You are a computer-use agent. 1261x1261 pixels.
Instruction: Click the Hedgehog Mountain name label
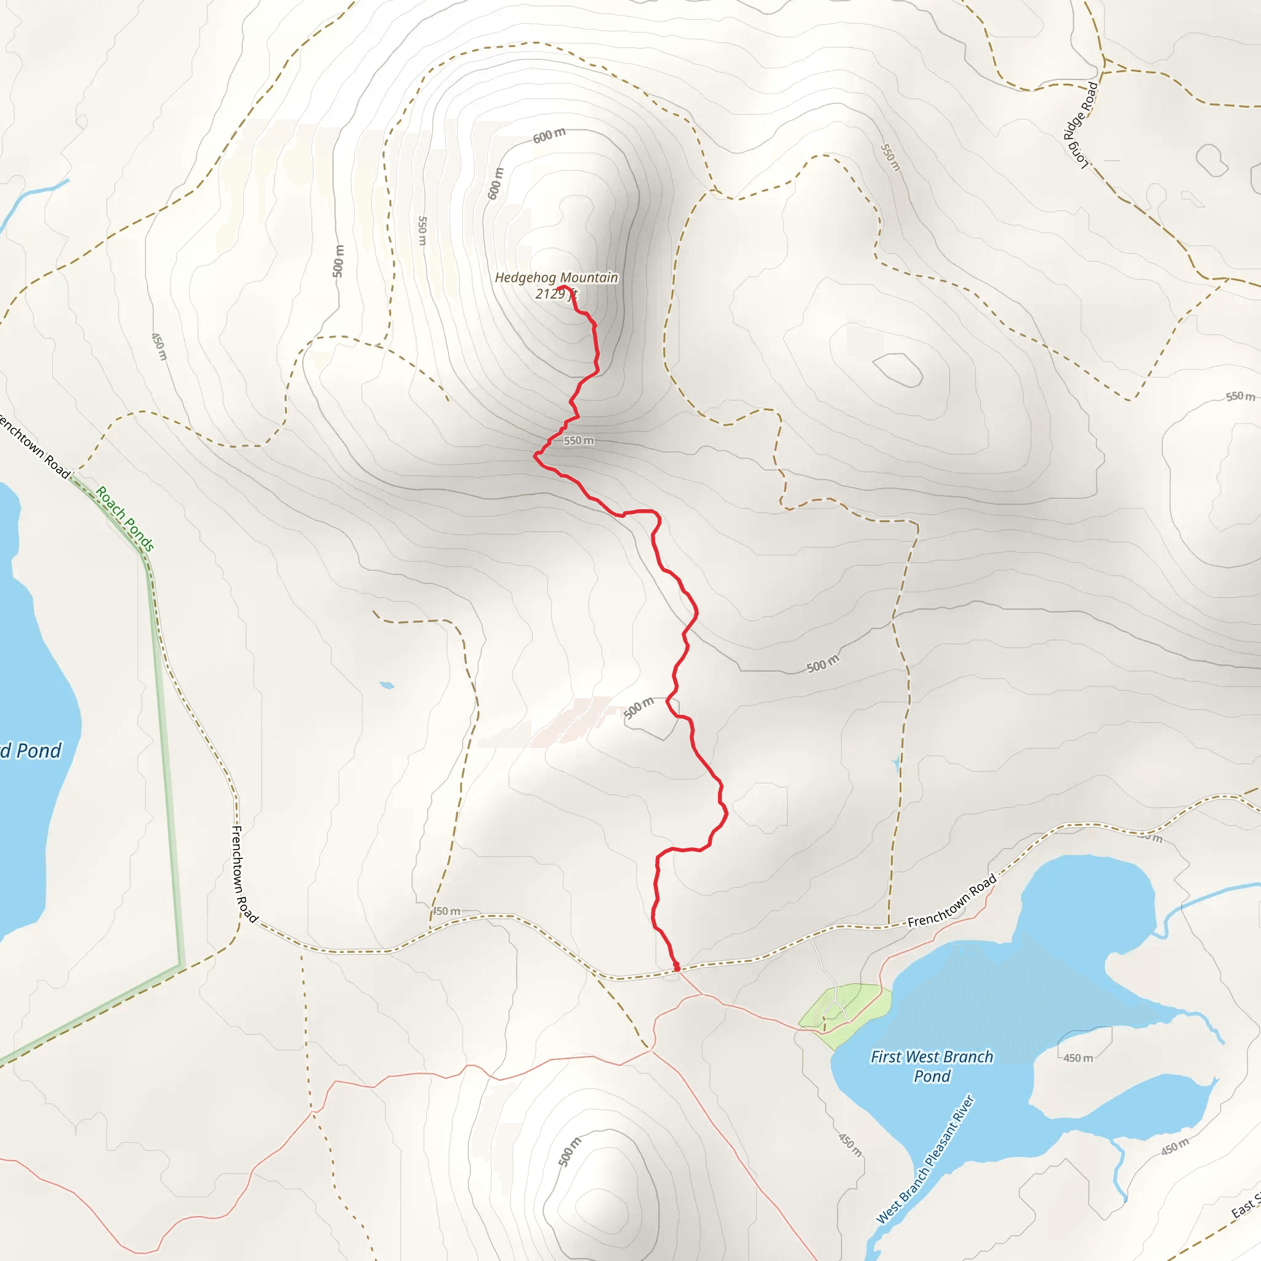point(556,278)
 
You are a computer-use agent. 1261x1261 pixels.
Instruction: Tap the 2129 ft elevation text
point(555,294)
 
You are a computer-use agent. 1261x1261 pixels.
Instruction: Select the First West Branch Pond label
point(932,1066)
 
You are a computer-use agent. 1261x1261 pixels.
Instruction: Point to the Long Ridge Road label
point(1080,124)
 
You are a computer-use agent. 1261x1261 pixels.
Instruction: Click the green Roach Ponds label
point(124,519)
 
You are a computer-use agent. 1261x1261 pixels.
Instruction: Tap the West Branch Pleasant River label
point(925,1159)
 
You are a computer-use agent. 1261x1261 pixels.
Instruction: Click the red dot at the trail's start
point(676,967)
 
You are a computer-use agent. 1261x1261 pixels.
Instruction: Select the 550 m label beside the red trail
point(579,441)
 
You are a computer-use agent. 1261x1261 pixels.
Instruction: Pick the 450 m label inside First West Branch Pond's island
point(1078,1058)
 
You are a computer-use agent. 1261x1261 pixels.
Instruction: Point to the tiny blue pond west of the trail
point(387,685)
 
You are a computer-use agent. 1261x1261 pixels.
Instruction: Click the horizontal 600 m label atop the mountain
point(549,135)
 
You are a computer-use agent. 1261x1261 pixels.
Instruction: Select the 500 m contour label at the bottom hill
point(569,1151)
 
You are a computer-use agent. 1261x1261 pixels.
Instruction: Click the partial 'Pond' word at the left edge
point(33,751)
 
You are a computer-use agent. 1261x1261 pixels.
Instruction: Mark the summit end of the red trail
point(560,287)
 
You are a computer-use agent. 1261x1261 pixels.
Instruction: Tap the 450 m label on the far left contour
point(159,346)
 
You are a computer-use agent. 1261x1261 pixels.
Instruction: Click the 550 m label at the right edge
point(1239,396)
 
